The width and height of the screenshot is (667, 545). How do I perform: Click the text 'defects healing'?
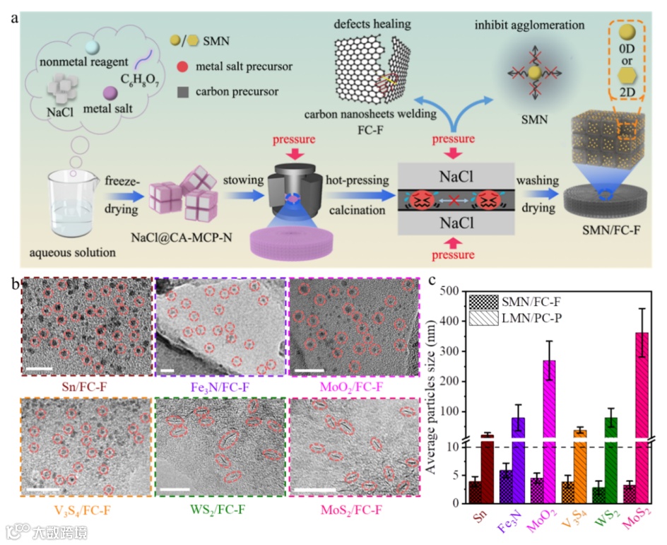coord(374,24)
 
